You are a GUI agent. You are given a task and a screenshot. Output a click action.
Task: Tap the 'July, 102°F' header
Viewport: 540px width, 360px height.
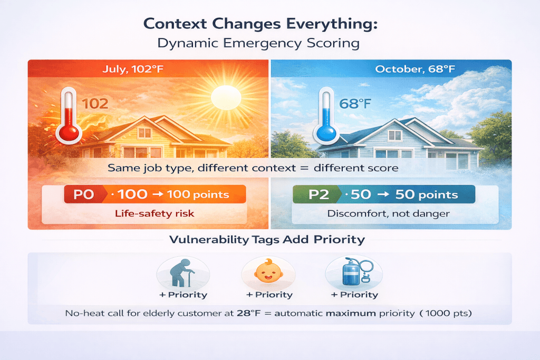point(148,69)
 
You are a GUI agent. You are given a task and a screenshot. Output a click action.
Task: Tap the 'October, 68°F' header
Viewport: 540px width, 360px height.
point(391,69)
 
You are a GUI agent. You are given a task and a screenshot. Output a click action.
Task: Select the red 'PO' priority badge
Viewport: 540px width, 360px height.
point(83,194)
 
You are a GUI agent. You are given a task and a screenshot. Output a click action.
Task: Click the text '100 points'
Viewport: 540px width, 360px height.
point(198,194)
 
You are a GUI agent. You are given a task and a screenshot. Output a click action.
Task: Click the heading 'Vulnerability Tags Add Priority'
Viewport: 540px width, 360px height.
point(267,239)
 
